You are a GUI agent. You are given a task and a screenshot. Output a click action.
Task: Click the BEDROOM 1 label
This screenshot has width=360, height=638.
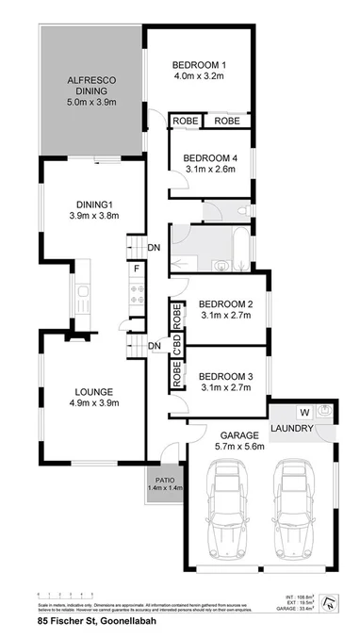coord(199,65)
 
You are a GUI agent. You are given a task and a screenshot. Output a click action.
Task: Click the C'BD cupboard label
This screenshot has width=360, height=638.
coord(176,344)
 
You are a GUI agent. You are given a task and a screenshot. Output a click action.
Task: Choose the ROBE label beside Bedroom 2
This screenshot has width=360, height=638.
coord(176,315)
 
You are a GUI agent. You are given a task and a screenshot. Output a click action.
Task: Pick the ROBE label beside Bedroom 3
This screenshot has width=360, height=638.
coord(176,374)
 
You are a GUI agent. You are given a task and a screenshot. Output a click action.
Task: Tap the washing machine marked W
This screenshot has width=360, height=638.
coord(303,412)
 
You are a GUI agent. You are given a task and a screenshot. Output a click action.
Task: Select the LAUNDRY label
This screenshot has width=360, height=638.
coord(293,430)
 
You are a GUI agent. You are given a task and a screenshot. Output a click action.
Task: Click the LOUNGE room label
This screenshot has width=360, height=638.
coord(90,392)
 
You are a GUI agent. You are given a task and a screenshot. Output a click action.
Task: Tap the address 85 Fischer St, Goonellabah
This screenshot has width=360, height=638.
coord(91,622)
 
